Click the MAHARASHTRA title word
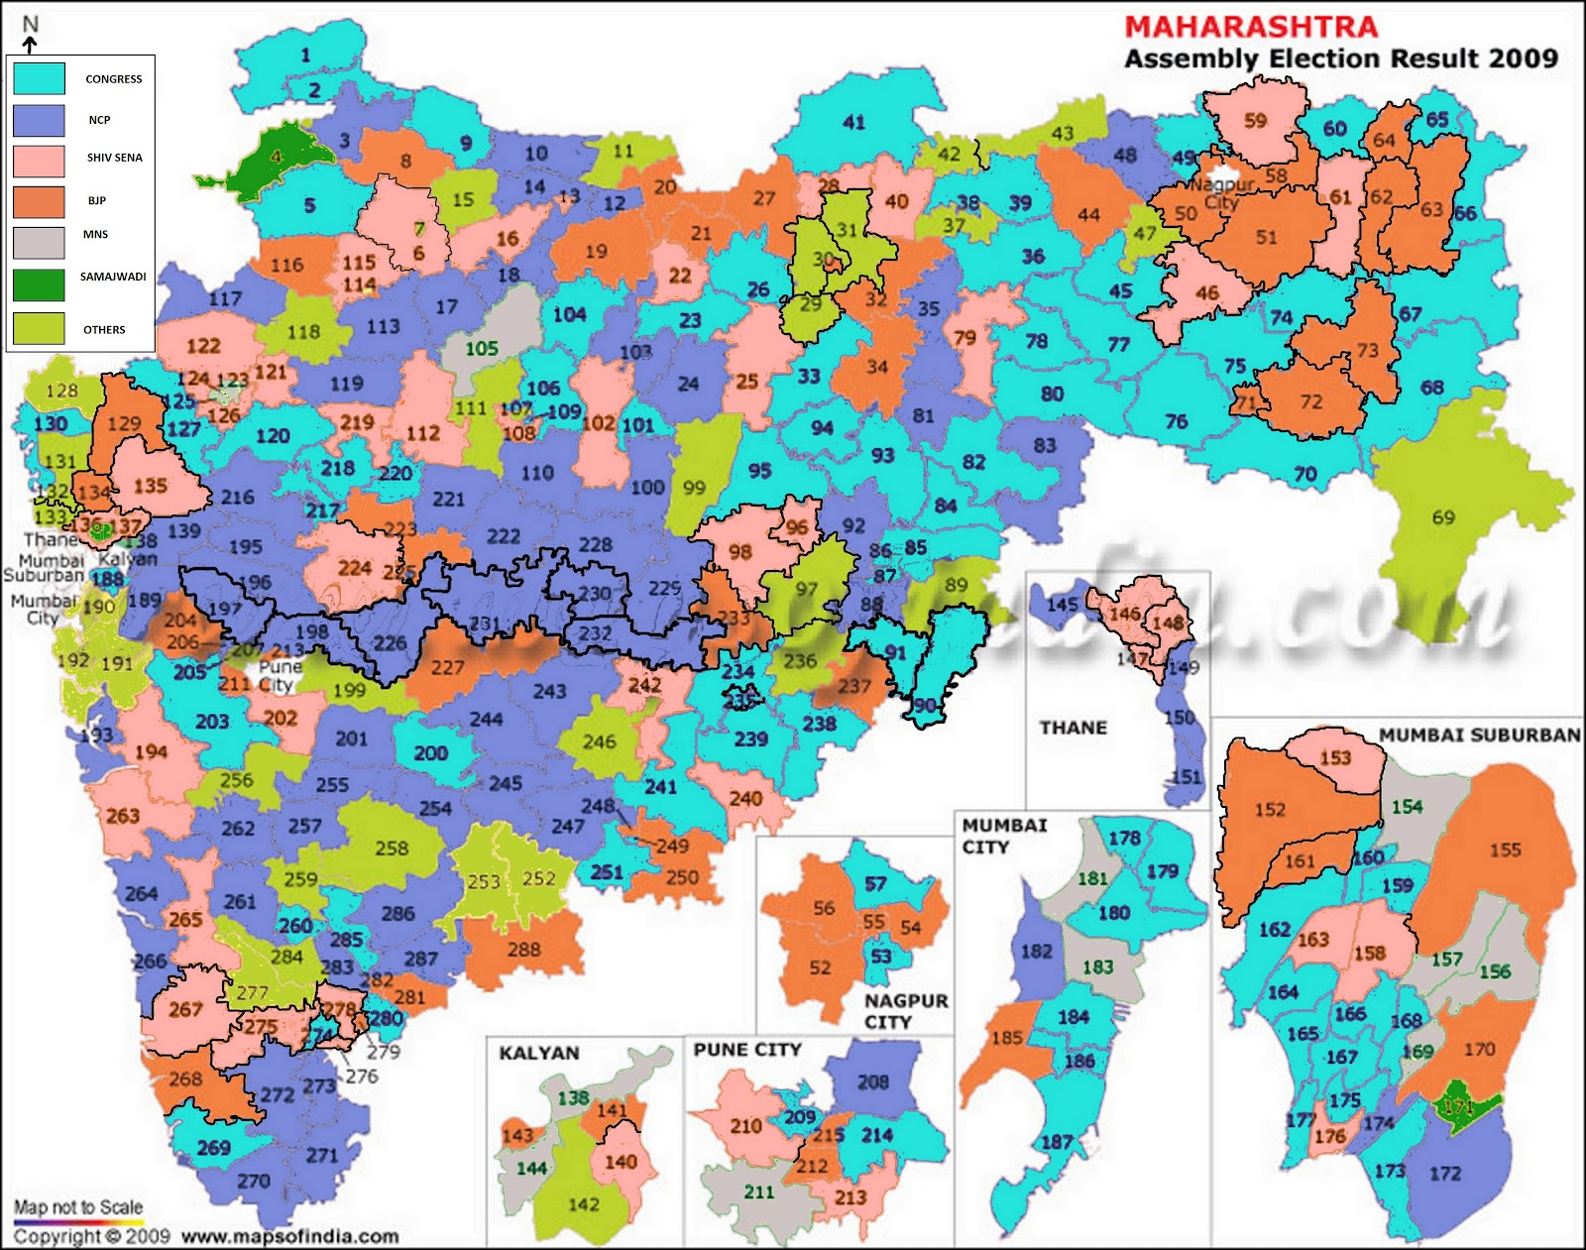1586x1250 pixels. click(x=1251, y=27)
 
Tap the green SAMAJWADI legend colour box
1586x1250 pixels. click(x=39, y=284)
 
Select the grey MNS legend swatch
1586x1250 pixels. click(x=39, y=242)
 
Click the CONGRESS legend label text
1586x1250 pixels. click(x=113, y=79)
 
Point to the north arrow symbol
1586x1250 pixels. click(x=30, y=44)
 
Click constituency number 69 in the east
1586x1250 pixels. click(x=1443, y=517)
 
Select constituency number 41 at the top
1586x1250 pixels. click(x=853, y=123)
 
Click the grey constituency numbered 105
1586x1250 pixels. click(x=482, y=348)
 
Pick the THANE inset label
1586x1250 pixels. click(x=1073, y=728)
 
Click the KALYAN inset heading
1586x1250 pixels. click(x=538, y=1054)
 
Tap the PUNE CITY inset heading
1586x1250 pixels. click(x=746, y=1050)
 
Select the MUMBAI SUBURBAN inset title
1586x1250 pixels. click(x=1479, y=735)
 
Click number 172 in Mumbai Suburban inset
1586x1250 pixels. click(x=1444, y=1174)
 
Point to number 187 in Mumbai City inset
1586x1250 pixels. click(x=1057, y=1142)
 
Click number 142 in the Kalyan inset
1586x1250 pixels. click(x=583, y=1204)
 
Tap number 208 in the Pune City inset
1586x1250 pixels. click(x=872, y=1082)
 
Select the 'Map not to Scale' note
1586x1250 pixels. click(x=78, y=1207)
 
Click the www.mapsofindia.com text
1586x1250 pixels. click(x=289, y=1236)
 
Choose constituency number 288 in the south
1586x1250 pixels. click(x=523, y=950)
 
